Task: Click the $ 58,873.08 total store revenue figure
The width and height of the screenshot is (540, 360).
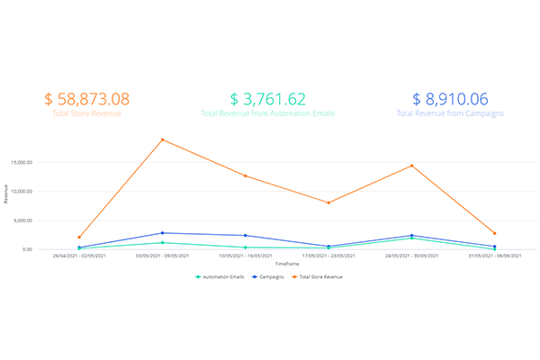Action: [x=86, y=99]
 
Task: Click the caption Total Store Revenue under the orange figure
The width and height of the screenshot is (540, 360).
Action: [x=86, y=114]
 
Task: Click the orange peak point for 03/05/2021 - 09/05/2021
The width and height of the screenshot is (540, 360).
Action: [x=162, y=139]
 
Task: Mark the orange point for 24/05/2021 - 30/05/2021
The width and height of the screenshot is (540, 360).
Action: [x=411, y=166]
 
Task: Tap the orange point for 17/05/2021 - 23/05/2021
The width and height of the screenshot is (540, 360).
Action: [x=328, y=202]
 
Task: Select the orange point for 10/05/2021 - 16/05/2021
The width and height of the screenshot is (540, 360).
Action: [x=245, y=175]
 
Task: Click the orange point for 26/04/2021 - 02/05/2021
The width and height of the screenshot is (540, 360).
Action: [x=79, y=237]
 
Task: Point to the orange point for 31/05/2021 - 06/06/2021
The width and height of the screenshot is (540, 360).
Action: [x=494, y=233]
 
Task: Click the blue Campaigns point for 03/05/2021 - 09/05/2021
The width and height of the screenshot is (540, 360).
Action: [x=162, y=233]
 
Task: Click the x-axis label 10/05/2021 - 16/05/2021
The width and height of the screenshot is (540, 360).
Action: [x=245, y=256]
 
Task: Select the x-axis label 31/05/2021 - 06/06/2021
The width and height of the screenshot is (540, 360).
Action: [x=494, y=256]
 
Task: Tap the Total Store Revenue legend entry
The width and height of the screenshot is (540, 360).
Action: [x=322, y=276]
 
